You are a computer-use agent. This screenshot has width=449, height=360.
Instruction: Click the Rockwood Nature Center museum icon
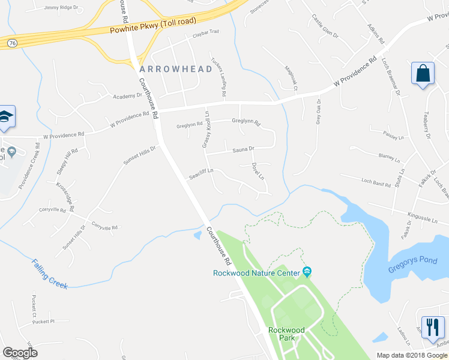coord(307,273)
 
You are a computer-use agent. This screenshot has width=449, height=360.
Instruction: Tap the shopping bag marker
coord(423,74)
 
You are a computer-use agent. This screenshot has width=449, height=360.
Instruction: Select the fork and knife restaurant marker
coord(433,328)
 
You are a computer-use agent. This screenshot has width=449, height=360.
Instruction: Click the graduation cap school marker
coord(5,118)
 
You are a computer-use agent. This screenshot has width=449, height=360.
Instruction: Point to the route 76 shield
coord(11,43)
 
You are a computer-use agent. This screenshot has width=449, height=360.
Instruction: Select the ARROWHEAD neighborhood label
coord(176,69)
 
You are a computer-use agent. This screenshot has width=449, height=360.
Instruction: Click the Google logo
coord(20,353)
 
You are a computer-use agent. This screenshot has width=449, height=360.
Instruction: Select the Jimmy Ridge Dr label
coord(61,7)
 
